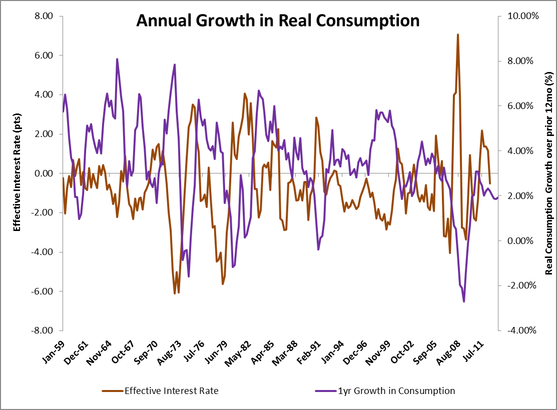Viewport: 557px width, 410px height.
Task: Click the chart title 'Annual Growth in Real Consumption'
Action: tap(278, 20)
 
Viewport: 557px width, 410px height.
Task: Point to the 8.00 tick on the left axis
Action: tap(44, 16)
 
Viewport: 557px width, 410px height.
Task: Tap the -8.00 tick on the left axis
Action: tap(43, 330)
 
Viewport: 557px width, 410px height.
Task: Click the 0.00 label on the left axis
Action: tap(44, 173)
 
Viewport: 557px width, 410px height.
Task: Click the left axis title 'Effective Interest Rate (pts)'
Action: tap(17, 173)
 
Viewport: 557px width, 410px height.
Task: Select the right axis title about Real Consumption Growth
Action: tap(549, 173)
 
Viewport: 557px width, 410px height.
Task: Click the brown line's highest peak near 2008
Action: tap(457, 34)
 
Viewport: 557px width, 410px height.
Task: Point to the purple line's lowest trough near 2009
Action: tap(464, 301)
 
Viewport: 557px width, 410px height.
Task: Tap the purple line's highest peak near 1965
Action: tap(117, 59)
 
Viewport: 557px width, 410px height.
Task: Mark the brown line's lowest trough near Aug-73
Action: tap(175, 293)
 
